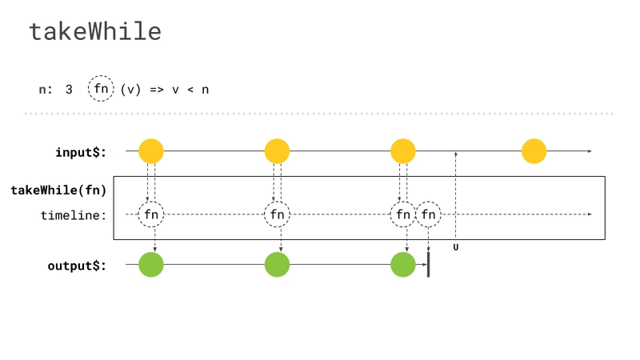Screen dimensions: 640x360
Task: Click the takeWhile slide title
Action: pyautogui.click(x=95, y=31)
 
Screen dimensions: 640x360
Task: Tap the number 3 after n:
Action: pyautogui.click(x=69, y=90)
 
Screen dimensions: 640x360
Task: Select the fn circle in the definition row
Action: pyautogui.click(x=101, y=88)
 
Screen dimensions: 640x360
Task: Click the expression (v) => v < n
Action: pyautogui.click(x=165, y=90)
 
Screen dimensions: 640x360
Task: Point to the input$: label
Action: pyautogui.click(x=81, y=152)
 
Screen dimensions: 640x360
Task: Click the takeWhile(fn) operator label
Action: pyautogui.click(x=58, y=190)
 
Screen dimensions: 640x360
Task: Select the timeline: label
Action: pyautogui.click(x=74, y=215)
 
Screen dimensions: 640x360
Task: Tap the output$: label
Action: pyautogui.click(x=77, y=266)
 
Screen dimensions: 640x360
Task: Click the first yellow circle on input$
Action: pyautogui.click(x=151, y=151)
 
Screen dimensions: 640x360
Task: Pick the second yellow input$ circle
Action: pyautogui.click(x=277, y=151)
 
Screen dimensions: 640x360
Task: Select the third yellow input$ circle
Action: pyautogui.click(x=403, y=151)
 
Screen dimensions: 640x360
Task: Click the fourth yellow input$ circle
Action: pyautogui.click(x=534, y=151)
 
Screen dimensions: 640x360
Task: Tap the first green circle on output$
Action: pyautogui.click(x=151, y=265)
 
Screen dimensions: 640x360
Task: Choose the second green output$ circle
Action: pyautogui.click(x=277, y=265)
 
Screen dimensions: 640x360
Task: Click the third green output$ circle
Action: pyautogui.click(x=403, y=265)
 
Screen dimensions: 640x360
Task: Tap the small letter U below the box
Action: pyautogui.click(x=456, y=247)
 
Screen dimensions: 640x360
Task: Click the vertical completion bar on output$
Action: pyautogui.click(x=428, y=265)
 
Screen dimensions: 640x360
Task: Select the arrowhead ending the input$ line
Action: pyautogui.click(x=590, y=151)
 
